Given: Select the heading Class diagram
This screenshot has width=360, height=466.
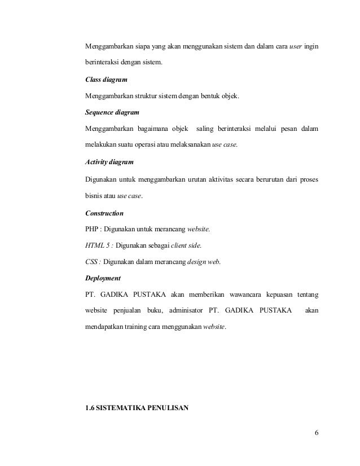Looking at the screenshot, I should tap(106, 81).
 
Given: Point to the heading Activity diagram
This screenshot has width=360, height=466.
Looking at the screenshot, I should tap(109, 162).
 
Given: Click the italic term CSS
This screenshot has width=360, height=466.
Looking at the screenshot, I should tap(91, 262).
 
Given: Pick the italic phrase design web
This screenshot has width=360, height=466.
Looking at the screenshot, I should tap(204, 262).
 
